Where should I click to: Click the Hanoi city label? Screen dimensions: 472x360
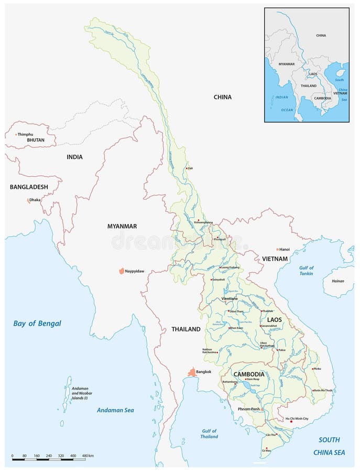285,250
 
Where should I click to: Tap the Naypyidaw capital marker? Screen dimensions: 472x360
122,271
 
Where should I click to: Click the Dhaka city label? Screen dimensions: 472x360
35,200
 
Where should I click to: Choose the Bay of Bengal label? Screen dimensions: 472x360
37,324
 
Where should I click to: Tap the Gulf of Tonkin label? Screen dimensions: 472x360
307,271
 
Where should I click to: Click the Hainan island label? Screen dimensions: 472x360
338,281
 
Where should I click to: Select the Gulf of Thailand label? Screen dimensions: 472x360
209,433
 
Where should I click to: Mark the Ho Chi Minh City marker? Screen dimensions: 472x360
291,422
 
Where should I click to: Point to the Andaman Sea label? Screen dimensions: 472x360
115,410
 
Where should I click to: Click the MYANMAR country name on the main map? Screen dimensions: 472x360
122,226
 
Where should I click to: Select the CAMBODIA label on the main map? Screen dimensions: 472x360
248,374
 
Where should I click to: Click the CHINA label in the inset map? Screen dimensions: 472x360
321,36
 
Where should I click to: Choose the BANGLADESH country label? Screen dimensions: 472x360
29,187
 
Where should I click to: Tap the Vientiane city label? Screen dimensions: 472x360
230,298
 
